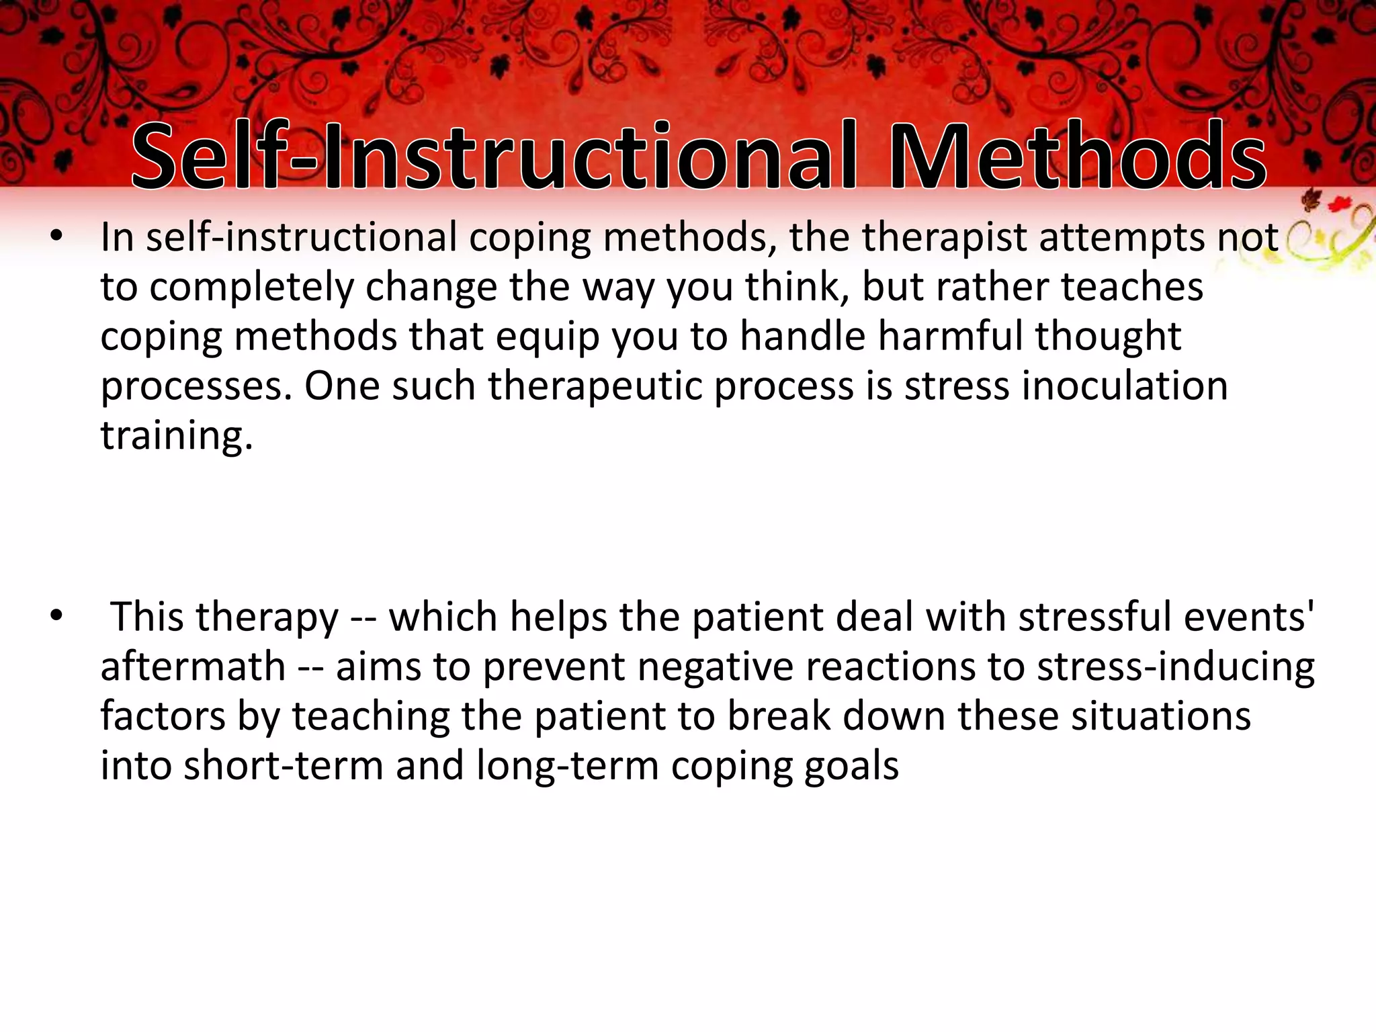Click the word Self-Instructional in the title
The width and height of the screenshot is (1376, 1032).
494,156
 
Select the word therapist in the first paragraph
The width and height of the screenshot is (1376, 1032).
945,238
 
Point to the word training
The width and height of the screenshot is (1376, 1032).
177,436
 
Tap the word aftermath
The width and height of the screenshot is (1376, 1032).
193,666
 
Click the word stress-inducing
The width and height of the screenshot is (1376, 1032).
1175,666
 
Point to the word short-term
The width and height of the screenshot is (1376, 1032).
283,766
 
